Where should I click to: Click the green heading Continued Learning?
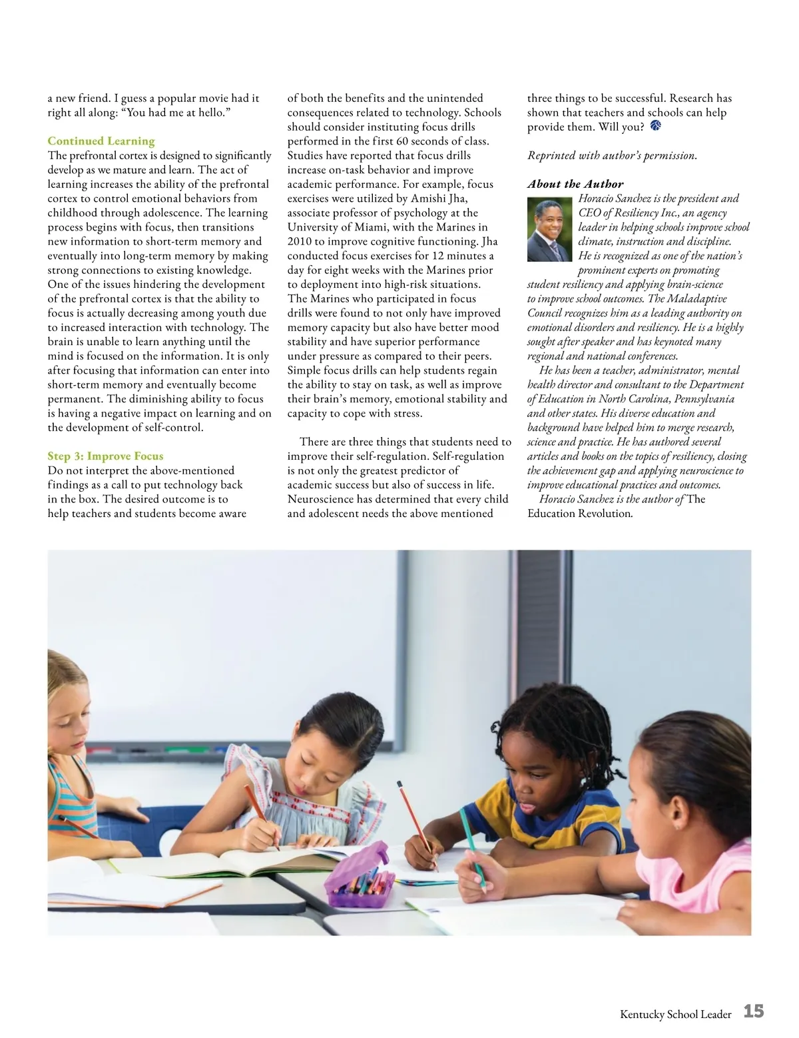tap(101, 141)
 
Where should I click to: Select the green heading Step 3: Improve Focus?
tap(105, 456)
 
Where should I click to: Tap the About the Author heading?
tap(575, 184)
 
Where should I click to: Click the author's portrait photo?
tap(549, 229)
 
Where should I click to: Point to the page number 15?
tap(753, 1012)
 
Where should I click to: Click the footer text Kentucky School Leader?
tap(675, 1015)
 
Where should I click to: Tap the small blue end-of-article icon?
tap(655, 126)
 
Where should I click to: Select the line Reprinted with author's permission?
tap(612, 156)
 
